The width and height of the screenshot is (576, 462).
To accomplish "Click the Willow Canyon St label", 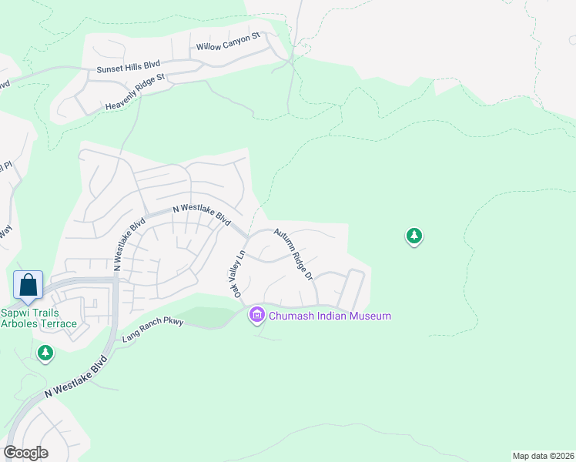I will coord(229,42).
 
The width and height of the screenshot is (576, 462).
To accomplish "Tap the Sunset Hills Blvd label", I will coord(129,68).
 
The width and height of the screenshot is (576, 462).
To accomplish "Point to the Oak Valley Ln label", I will coord(235,273).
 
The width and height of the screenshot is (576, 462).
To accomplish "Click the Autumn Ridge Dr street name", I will coord(293,253).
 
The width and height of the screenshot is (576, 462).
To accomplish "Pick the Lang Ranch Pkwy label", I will coord(152,330).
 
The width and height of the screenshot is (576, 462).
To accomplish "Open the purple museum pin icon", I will coord(256,315).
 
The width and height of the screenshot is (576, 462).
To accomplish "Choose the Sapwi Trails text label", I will coord(32,312).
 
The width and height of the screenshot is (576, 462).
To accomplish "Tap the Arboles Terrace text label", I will coord(39,323).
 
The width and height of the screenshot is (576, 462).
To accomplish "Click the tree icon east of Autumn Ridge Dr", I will coord(414,236).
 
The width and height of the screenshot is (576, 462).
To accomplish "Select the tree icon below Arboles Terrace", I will coord(45,353).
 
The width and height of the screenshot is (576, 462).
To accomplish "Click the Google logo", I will coord(25,453).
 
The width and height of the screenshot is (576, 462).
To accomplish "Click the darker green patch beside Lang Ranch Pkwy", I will coord(207,316).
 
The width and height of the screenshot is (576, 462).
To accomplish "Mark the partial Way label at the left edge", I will coord(6,232).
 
